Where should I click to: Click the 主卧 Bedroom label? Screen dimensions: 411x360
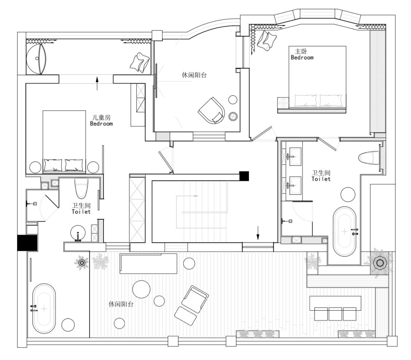coord(302,54)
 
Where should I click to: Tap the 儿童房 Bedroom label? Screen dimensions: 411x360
coord(101,121)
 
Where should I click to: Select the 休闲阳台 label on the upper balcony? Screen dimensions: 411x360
coord(194,75)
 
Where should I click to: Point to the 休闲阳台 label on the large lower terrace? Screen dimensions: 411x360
coord(121,304)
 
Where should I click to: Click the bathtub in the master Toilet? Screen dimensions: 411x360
coord(344,232)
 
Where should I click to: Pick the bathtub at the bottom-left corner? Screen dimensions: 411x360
coord(44,308)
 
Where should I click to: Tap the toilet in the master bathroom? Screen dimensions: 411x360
coord(369,158)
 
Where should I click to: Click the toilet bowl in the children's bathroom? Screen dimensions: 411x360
coord(81,188)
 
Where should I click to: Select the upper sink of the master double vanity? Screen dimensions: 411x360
coord(295,157)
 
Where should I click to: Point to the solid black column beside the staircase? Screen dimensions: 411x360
coord(244,176)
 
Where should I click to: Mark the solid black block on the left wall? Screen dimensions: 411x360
coord(27,243)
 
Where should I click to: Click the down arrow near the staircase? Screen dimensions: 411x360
coord(258,233)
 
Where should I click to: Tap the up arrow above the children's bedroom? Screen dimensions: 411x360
coord(97,83)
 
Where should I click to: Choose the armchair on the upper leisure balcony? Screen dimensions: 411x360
coord(212,111)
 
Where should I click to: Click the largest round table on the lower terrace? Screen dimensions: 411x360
coord(141,289)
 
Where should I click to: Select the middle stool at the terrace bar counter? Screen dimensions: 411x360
coord(335,314)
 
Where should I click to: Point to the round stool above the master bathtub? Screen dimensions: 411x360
coord(348,194)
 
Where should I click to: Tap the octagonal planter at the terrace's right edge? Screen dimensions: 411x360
coord(379,263)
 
